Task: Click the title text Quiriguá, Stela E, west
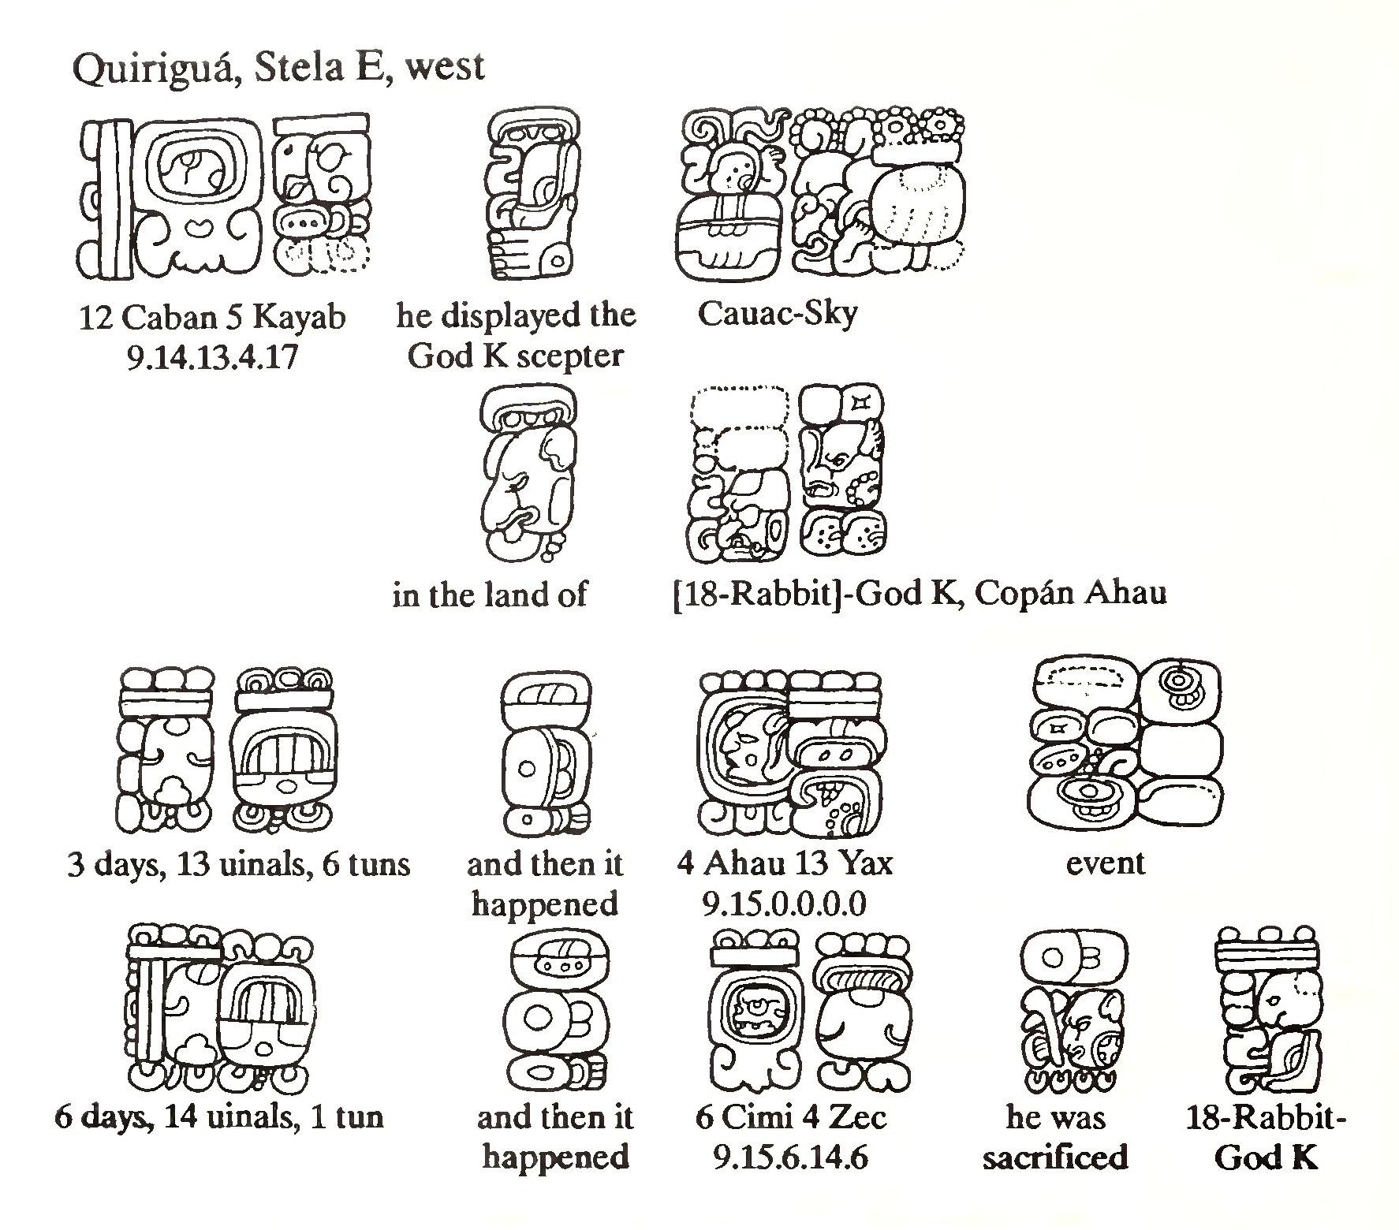coord(278,68)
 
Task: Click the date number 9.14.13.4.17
coord(211,358)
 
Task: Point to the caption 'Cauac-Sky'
coord(777,315)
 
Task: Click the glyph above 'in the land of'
coord(527,473)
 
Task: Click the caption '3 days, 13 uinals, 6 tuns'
coord(239,865)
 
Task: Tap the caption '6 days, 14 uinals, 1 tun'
coord(219,1117)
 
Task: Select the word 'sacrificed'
coord(1055,1157)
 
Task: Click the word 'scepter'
coord(573,356)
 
